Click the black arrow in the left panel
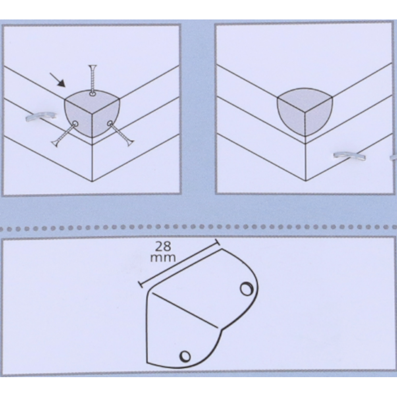pos(58,80)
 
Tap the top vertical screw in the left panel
pos(93,79)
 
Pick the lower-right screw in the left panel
pos(121,135)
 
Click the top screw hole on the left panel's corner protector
pos(93,94)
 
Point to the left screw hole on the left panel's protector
pos(75,124)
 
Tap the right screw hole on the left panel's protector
pos(110,123)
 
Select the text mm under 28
pos(163,258)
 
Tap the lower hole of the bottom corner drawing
pos(185,356)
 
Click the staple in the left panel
pos(41,116)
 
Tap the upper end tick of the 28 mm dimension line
pos(217,242)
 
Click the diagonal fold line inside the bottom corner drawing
pos(185,310)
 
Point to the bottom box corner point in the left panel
pos(92,181)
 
